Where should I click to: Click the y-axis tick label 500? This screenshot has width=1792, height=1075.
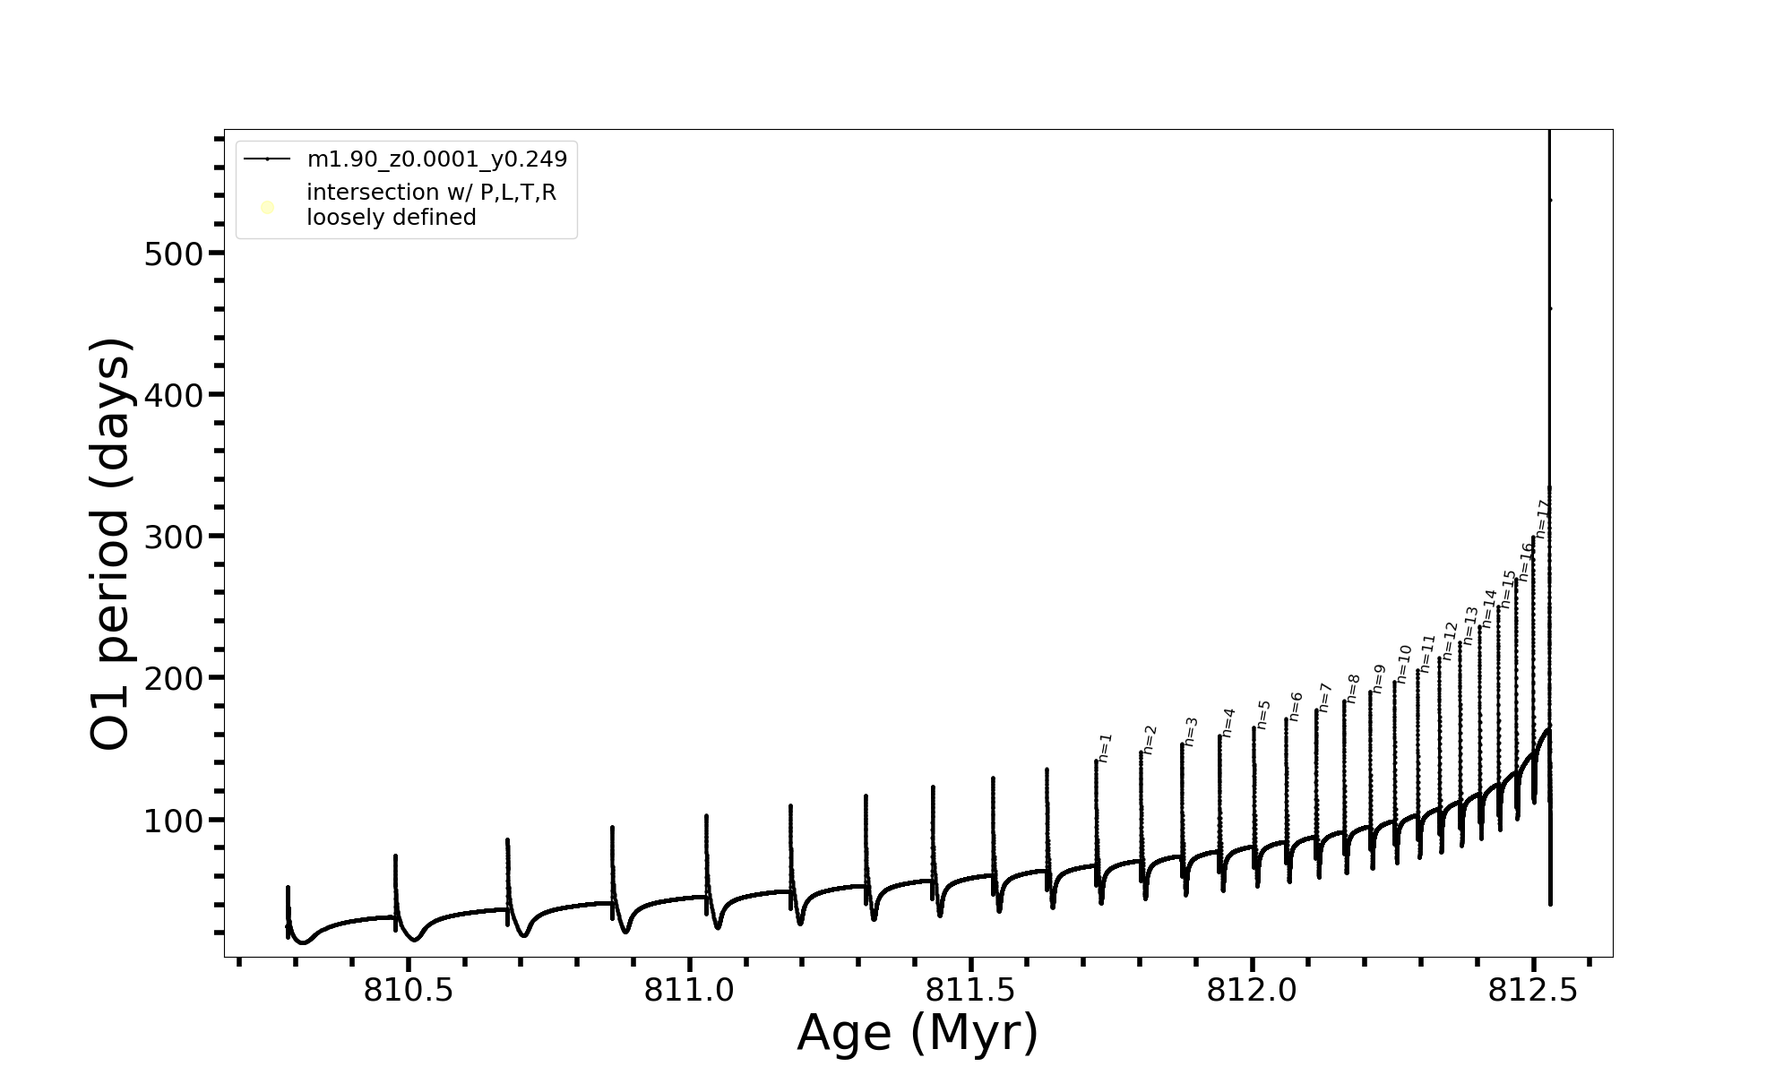174,254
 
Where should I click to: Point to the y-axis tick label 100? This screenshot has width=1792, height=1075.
174,821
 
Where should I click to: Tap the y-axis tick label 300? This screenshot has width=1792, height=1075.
174,537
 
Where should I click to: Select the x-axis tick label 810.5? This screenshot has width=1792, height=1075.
409,991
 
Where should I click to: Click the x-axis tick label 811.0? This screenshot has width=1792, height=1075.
690,991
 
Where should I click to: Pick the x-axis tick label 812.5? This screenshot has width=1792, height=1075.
1533,991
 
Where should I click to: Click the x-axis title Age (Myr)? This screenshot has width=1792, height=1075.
918,1033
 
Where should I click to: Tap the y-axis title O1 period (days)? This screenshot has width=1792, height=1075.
111,544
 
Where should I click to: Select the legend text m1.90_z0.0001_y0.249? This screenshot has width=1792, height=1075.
437,159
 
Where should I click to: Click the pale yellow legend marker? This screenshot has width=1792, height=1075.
267,208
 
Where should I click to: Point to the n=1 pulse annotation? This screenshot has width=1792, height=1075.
1105,748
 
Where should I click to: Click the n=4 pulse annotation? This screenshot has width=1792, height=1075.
1228,722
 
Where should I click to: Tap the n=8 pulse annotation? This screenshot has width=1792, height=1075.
1353,688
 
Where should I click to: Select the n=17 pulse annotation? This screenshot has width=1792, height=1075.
1542,519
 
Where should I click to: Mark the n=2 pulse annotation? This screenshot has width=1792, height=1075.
1150,739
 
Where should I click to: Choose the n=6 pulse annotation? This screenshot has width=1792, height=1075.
1296,706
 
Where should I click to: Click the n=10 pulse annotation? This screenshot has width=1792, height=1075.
1404,664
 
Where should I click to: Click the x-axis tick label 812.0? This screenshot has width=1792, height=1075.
1252,991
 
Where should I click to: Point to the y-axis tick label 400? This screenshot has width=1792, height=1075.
174,396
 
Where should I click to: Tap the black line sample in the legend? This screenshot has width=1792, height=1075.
267,159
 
